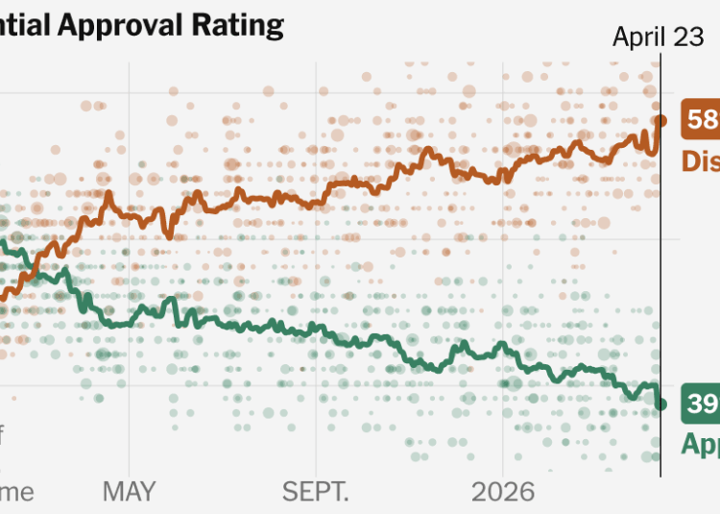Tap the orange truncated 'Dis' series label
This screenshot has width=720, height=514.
(700, 159)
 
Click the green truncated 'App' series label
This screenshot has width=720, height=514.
(700, 443)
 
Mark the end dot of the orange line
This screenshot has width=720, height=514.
(660, 120)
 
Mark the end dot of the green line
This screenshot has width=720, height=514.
(660, 404)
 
